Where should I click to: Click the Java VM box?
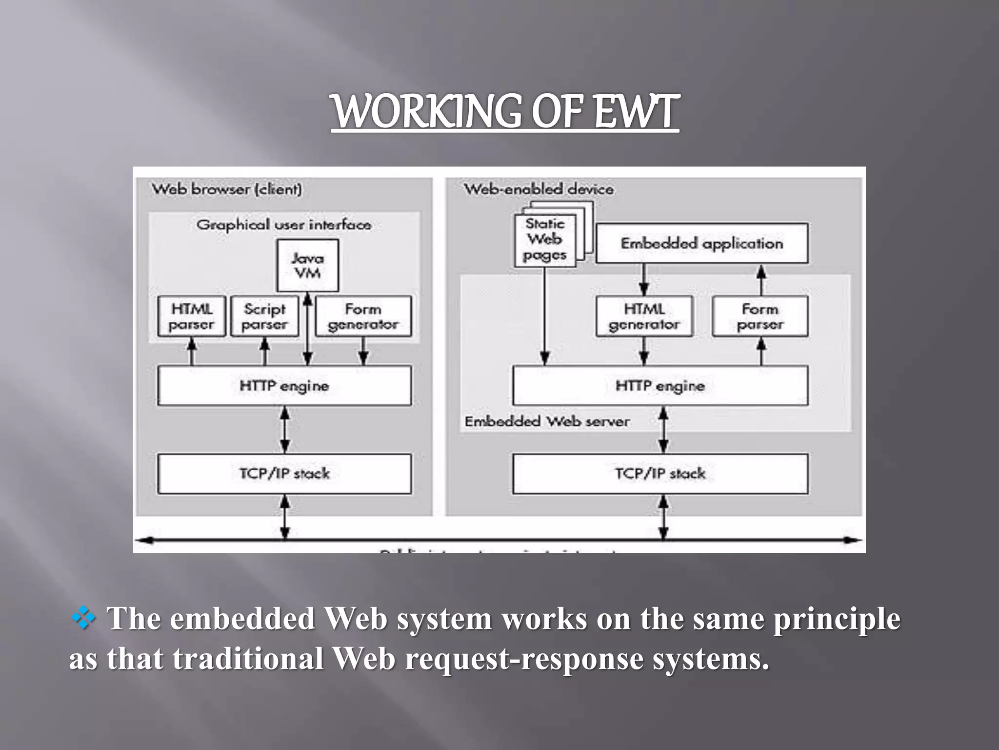[x=307, y=265]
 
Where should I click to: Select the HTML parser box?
[x=192, y=316]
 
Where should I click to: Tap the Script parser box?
[x=264, y=316]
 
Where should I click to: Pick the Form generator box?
[x=363, y=316]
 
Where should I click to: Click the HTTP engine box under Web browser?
[x=284, y=386]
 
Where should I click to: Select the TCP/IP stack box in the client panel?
[x=284, y=474]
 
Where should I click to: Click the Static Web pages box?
[x=545, y=240]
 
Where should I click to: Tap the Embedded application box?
[x=701, y=243]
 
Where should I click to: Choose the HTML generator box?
[x=644, y=316]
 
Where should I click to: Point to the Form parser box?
[x=760, y=316]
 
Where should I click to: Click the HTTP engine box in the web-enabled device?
[x=660, y=386]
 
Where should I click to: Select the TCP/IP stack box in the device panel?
[x=660, y=474]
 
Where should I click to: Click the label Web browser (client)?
[x=227, y=189]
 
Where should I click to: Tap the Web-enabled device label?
[x=539, y=189]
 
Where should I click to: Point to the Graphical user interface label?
[x=283, y=225]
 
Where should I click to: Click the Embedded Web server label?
[x=547, y=421]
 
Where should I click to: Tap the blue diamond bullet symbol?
[x=83, y=618]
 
